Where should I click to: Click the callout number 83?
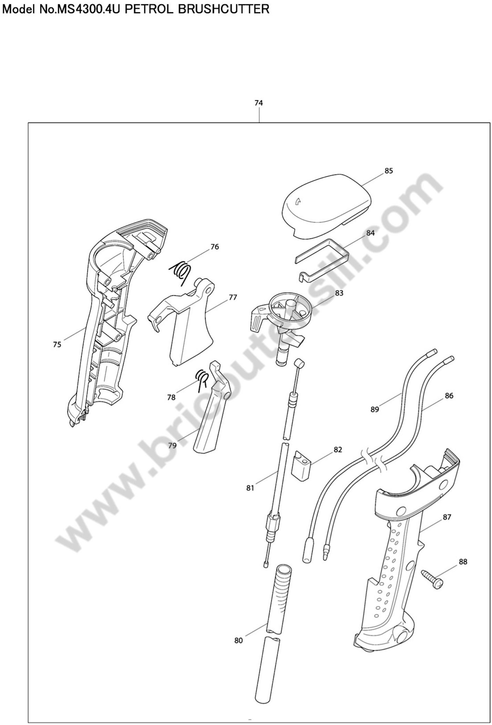pyautogui.click(x=339, y=293)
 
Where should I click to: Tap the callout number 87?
pyautogui.click(x=447, y=517)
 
